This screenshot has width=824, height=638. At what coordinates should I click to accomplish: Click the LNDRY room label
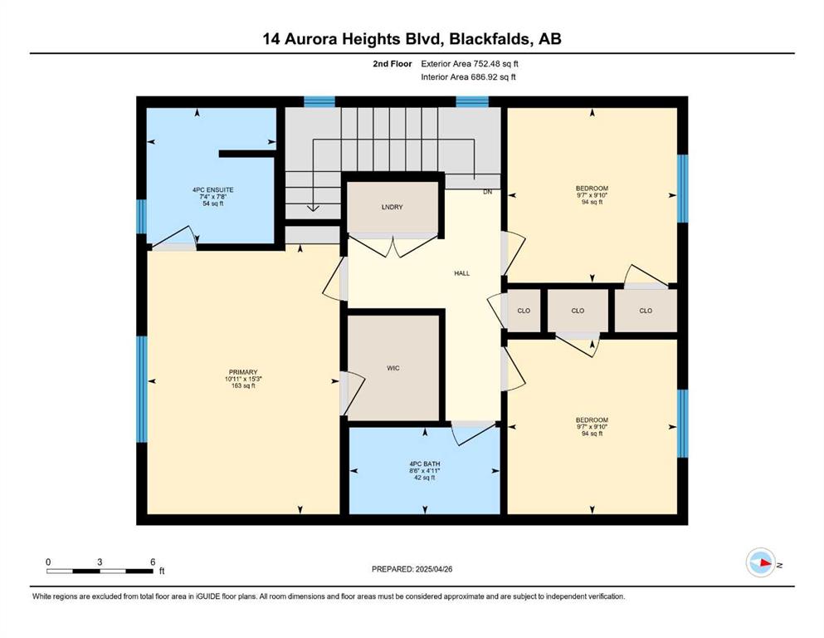pyautogui.click(x=392, y=207)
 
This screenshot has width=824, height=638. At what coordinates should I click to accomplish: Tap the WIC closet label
pyautogui.click(x=393, y=368)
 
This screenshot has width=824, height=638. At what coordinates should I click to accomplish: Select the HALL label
pyautogui.click(x=462, y=273)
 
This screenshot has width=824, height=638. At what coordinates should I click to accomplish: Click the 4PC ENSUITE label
pyautogui.click(x=212, y=190)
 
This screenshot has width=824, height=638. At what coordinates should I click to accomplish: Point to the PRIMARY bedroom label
pyautogui.click(x=243, y=372)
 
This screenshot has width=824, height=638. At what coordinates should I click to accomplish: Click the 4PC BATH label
pyautogui.click(x=425, y=464)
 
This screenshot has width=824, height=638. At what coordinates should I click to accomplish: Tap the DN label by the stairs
pyautogui.click(x=488, y=192)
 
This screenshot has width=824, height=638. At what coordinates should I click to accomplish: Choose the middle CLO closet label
pyautogui.click(x=578, y=311)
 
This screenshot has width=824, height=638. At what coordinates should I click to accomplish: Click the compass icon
pyautogui.click(x=760, y=562)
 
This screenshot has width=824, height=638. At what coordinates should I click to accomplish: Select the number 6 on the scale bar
pyautogui.click(x=153, y=562)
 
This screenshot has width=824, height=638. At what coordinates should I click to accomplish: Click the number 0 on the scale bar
pyautogui.click(x=48, y=562)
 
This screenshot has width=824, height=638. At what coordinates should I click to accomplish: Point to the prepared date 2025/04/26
pyautogui.click(x=433, y=569)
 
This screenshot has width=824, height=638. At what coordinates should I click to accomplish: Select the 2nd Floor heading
pyautogui.click(x=392, y=64)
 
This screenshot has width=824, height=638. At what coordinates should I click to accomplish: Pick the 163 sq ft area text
pyautogui.click(x=243, y=385)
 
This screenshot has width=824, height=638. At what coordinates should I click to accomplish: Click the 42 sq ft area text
pyautogui.click(x=425, y=478)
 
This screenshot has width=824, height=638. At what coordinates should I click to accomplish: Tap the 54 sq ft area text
pyautogui.click(x=212, y=203)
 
